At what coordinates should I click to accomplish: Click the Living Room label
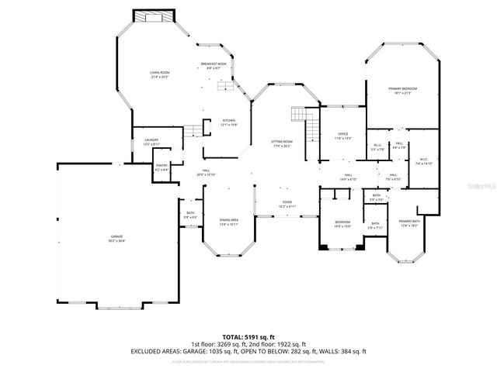[x=159, y=72]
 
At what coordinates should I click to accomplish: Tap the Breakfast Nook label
[x=214, y=64]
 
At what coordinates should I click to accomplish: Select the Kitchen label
[x=229, y=120]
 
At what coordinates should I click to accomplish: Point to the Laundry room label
[x=151, y=139]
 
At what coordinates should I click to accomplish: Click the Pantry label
[x=162, y=164]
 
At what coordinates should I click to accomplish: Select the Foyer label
[x=287, y=202]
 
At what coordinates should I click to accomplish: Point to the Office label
[x=342, y=133]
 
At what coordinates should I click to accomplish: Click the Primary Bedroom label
[x=403, y=88]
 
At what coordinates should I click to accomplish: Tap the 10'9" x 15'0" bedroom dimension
[x=342, y=226]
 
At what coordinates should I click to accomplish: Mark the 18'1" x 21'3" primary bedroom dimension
[x=403, y=94]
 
